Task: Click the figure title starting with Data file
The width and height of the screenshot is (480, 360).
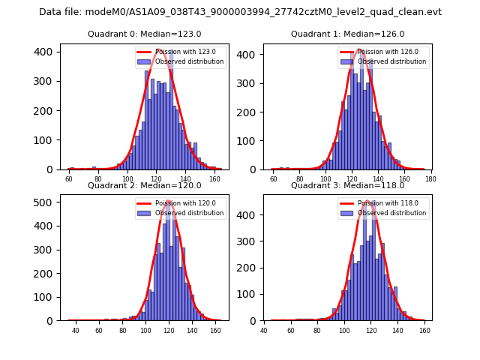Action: [x=240, y=12]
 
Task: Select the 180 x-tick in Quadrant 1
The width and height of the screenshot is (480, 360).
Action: [x=430, y=179]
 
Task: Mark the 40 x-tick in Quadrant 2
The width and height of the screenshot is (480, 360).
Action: [x=75, y=330]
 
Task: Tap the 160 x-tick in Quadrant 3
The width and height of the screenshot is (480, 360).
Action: [x=424, y=330]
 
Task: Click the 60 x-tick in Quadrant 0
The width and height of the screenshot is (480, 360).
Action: [x=69, y=179]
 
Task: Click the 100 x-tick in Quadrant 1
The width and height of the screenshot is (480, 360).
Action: [x=325, y=179]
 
